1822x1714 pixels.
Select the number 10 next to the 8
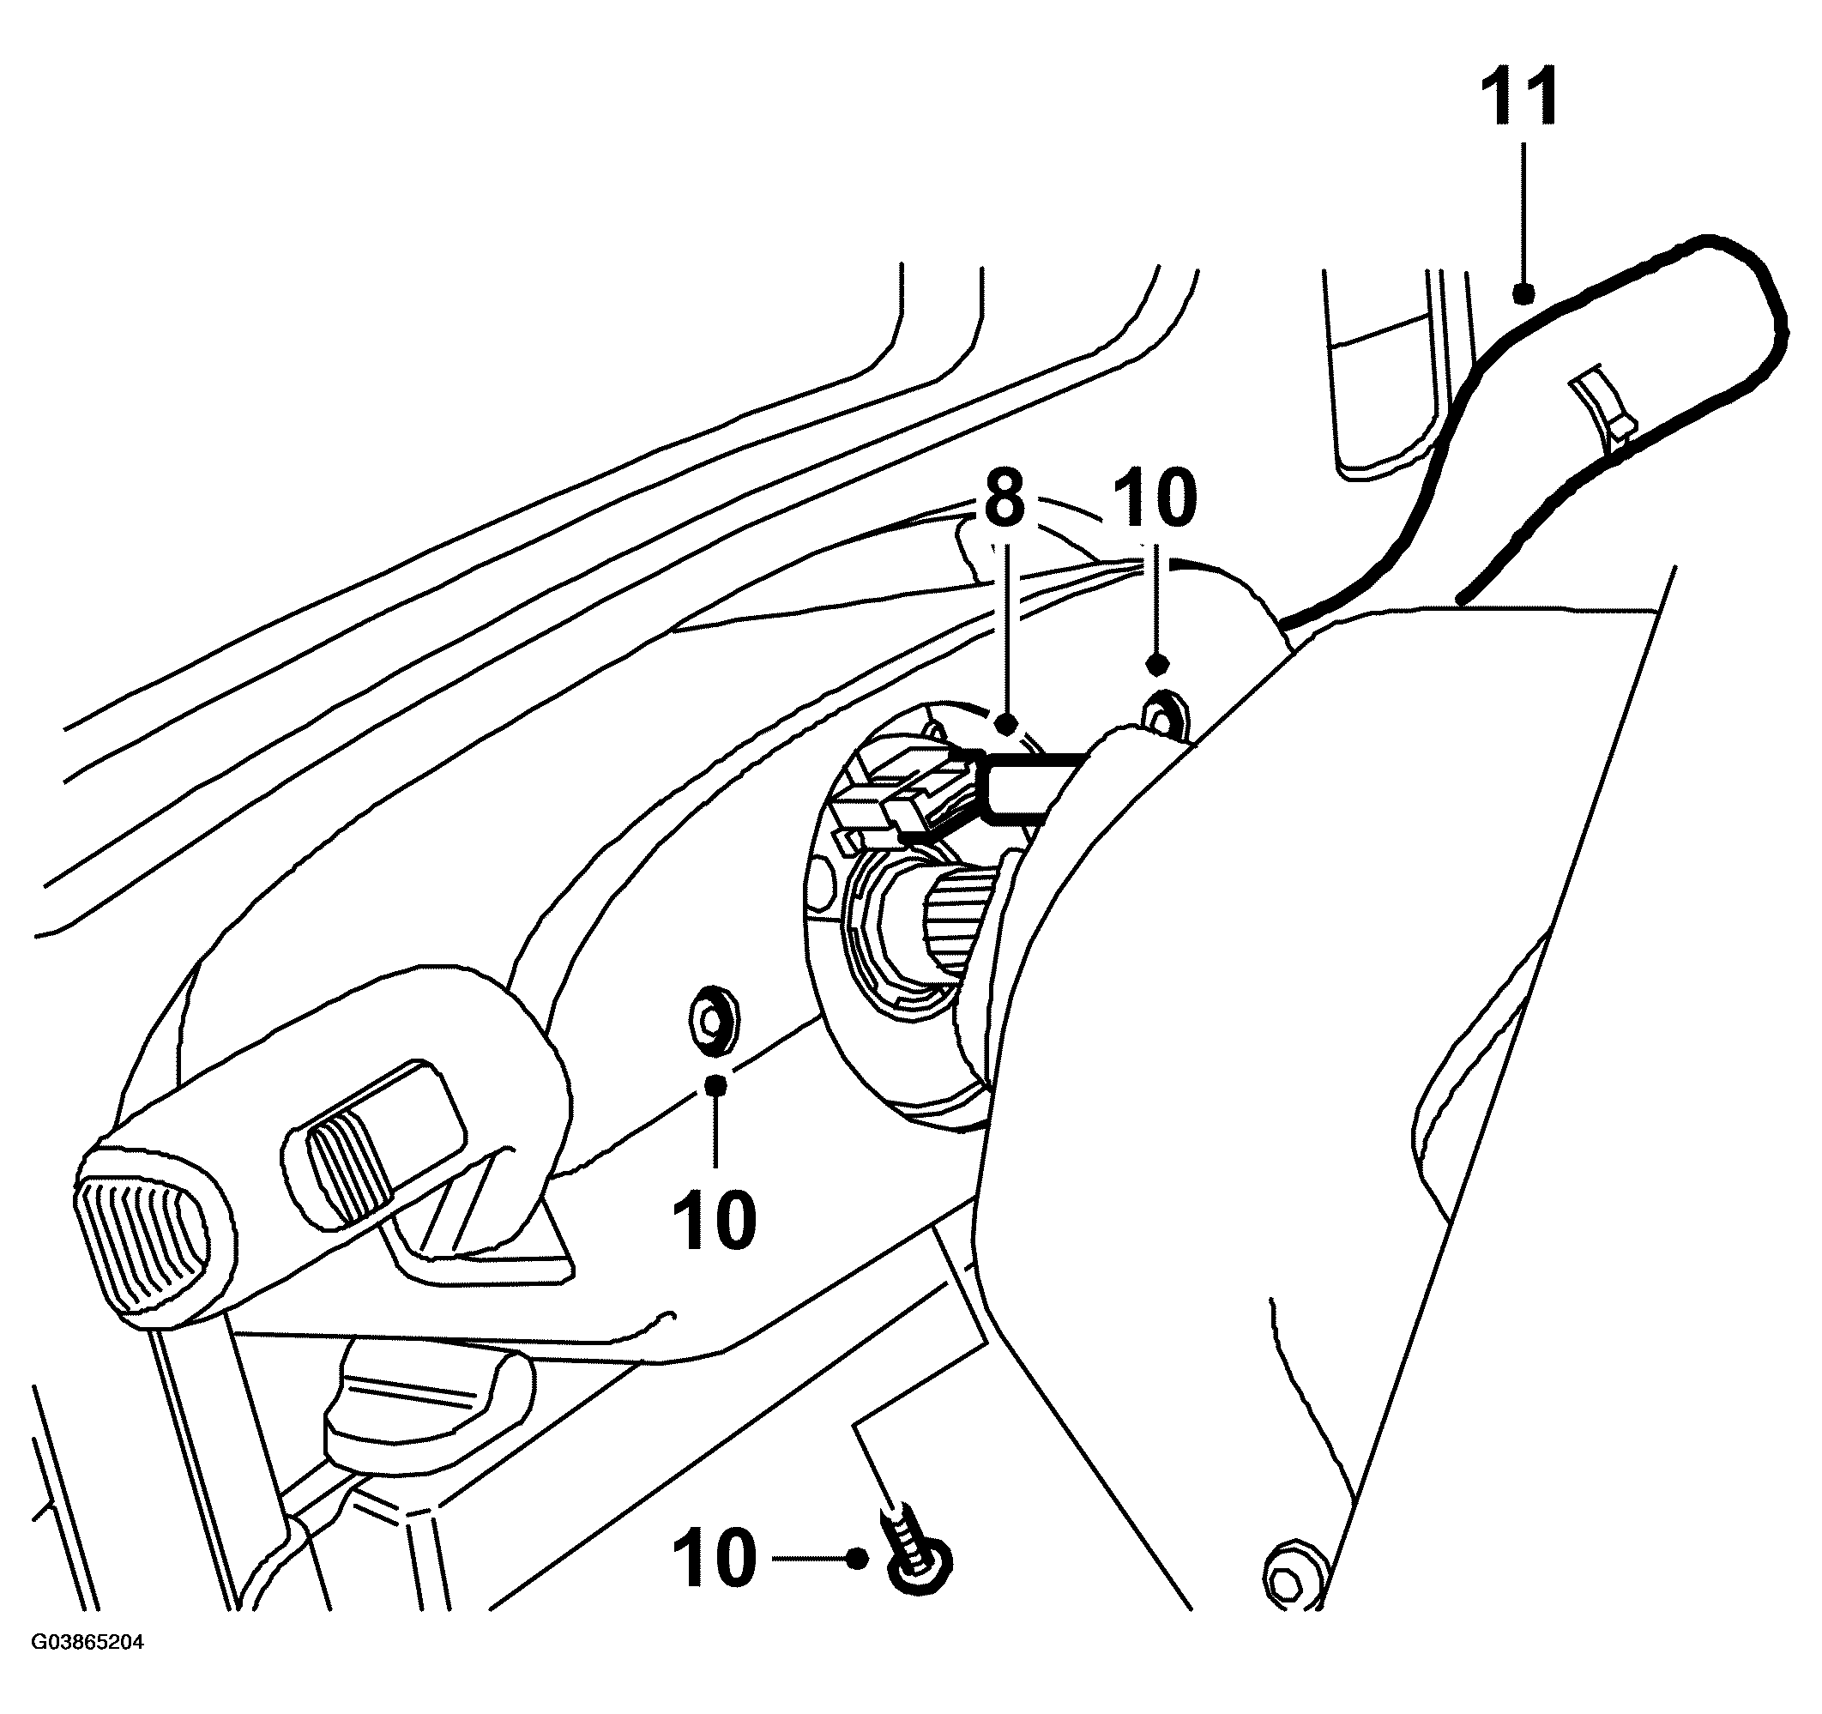tap(1155, 497)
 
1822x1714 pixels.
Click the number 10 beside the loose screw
tap(715, 1558)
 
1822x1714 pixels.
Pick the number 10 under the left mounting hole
tap(715, 1219)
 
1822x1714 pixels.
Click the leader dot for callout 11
tap(1523, 293)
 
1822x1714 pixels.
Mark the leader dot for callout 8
tap(1006, 724)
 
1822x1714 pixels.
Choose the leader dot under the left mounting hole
tap(716, 1085)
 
